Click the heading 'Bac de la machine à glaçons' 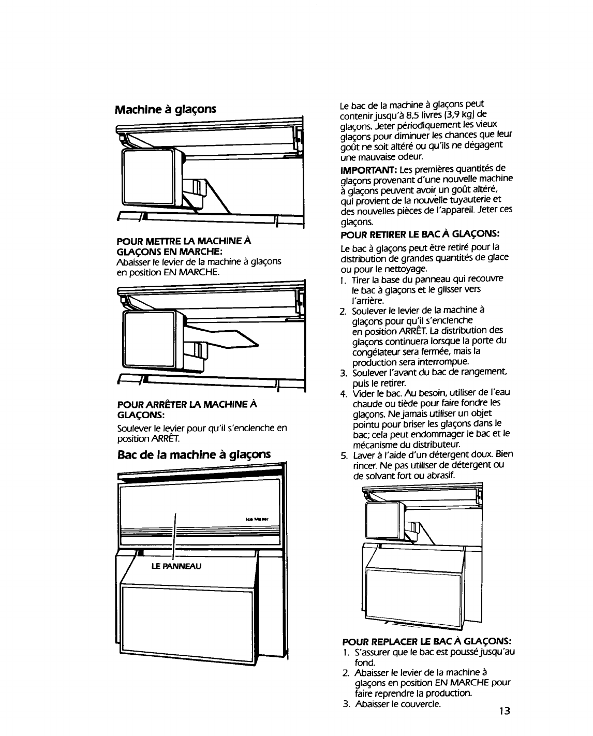click(x=194, y=455)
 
